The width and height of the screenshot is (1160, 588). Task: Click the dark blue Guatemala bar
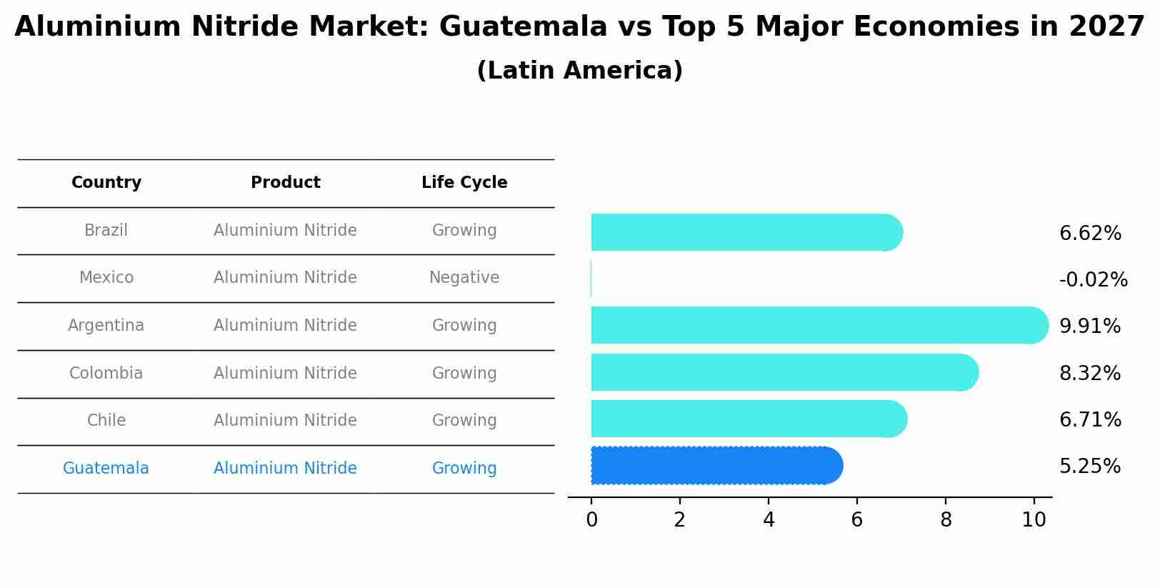point(714,466)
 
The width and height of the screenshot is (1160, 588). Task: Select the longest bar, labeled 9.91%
point(818,326)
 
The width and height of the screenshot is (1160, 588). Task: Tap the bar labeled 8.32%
point(782,373)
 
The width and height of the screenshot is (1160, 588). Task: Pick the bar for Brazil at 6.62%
point(745,233)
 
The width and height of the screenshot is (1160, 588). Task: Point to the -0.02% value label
point(1093,280)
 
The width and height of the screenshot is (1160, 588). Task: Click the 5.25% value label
point(1090,467)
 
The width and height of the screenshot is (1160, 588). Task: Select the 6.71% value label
point(1090,420)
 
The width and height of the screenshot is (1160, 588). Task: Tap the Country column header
point(106,183)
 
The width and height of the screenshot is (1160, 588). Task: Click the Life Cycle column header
point(464,183)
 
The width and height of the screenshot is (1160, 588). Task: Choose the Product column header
point(285,183)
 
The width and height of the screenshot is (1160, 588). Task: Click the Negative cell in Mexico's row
point(464,278)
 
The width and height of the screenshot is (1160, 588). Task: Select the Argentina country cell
point(106,326)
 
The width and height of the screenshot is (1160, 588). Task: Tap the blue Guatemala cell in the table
point(106,469)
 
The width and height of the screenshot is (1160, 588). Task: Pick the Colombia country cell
point(106,374)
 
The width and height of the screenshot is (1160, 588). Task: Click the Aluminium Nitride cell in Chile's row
point(285,421)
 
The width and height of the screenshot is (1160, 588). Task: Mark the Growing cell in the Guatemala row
point(464,469)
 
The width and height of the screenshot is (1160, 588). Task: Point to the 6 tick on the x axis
point(857,520)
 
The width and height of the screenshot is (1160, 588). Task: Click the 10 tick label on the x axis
point(1034,520)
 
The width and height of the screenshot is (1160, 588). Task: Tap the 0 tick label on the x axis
point(591,520)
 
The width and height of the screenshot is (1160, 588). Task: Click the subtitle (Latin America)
point(579,71)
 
